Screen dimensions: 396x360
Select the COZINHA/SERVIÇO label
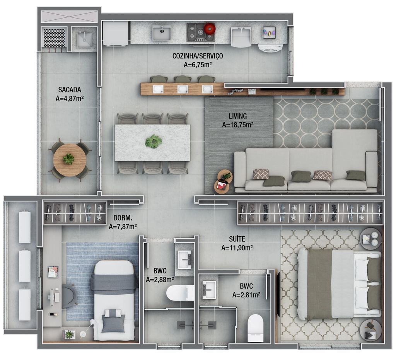coord(198,56)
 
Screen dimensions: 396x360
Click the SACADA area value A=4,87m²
coord(70,99)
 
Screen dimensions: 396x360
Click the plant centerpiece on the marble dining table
coord(154,141)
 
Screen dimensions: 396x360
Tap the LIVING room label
coord(238,116)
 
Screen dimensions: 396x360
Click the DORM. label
coord(123,218)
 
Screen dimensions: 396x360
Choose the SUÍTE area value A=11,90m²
coord(237,248)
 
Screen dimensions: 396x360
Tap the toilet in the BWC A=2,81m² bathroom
coord(255,328)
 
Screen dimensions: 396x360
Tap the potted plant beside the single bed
coord(69,334)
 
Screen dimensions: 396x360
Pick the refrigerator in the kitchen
coord(116,33)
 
